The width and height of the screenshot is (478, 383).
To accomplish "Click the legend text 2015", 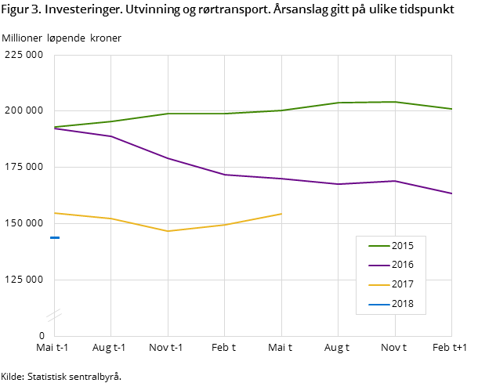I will tap(403, 246).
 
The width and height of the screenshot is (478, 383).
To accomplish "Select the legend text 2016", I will tap(403, 266).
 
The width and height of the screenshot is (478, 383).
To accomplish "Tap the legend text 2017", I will tap(403, 285).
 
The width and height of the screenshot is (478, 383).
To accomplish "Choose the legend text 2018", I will tap(403, 305).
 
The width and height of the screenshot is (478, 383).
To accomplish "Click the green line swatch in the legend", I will tap(378, 246).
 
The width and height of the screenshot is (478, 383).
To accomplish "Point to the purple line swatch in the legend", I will tap(378, 266).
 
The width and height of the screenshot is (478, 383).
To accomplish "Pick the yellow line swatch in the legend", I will tap(378, 285).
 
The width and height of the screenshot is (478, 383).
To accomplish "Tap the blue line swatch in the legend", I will tap(378, 305).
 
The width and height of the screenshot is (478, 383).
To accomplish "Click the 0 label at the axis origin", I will tap(42, 336).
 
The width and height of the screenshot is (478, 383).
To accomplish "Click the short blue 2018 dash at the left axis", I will tap(55, 237).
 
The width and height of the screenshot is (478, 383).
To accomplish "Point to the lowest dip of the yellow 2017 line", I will tap(168, 231).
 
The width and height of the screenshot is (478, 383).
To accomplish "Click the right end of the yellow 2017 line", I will tap(281, 213).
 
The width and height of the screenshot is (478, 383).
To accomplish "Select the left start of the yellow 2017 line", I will tap(55, 213).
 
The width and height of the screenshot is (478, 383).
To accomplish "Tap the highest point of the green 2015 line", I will tap(395, 102).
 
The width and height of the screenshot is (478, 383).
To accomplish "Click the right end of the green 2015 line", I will tap(451, 109).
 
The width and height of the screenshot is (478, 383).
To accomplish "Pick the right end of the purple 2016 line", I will tap(451, 193).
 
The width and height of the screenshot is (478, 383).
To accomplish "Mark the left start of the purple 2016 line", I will tap(55, 128).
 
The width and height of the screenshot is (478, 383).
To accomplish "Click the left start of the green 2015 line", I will tap(55, 127).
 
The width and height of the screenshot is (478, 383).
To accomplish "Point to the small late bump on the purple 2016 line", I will tap(395, 181).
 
